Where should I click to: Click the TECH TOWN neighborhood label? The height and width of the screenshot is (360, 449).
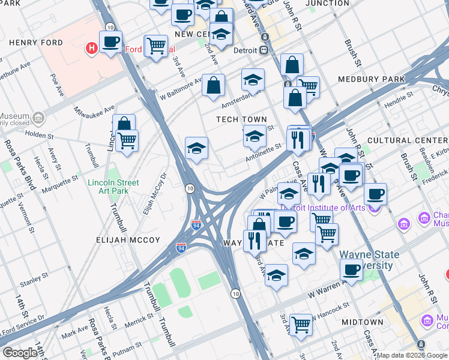pyautogui.click(x=241, y=119)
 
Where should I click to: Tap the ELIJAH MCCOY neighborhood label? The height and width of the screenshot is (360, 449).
pyautogui.click(x=128, y=240)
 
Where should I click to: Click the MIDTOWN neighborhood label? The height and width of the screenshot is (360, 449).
pyautogui.click(x=362, y=322)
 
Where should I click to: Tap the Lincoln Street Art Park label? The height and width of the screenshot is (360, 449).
pyautogui.click(x=113, y=187)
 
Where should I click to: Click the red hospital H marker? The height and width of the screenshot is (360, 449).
pyautogui.click(x=92, y=48)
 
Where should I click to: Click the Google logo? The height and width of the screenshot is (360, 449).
pyautogui.click(x=20, y=353)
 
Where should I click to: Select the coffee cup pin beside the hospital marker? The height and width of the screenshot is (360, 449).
pyautogui.click(x=110, y=42)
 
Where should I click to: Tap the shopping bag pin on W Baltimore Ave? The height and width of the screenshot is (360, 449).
pyautogui.click(x=213, y=85)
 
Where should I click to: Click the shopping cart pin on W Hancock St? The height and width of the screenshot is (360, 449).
pyautogui.click(x=301, y=325)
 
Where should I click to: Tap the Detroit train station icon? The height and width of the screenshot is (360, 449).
pyautogui.click(x=264, y=50)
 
